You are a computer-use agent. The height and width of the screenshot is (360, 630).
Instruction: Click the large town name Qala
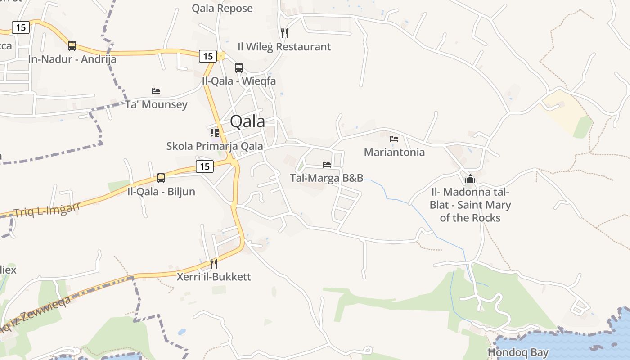tap(247, 121)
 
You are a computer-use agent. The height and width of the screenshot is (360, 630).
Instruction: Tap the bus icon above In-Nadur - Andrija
tap(72, 45)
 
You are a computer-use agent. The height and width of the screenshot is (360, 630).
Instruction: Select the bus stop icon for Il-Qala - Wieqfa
tap(239, 68)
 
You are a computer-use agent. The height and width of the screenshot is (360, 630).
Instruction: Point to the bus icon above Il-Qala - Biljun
tap(161, 178)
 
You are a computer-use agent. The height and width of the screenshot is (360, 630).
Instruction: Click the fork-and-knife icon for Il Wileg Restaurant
tap(284, 33)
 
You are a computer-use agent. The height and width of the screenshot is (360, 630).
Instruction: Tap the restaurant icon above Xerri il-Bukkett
tap(214, 263)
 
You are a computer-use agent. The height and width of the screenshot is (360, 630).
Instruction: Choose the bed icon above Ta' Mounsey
tap(156, 91)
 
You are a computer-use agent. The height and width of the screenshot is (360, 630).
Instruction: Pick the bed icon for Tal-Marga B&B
tap(327, 165)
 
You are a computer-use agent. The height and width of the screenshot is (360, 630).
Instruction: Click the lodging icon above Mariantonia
tap(394, 139)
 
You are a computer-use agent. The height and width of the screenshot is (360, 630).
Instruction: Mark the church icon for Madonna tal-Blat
tap(470, 179)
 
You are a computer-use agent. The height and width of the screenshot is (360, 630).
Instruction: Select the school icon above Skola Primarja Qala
tap(215, 133)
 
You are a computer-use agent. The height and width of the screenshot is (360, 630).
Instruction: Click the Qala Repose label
tap(222, 8)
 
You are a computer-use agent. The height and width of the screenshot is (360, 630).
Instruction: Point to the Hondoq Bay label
tap(518, 352)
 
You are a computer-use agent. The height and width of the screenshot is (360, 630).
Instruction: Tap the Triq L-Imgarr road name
tap(47, 209)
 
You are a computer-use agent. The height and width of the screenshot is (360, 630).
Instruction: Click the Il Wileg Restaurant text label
tap(284, 47)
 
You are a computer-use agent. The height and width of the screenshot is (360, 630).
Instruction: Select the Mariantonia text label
tap(394, 152)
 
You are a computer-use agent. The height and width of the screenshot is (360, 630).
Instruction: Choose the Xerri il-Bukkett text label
tap(214, 276)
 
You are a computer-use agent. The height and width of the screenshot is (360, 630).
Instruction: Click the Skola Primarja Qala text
tap(215, 146)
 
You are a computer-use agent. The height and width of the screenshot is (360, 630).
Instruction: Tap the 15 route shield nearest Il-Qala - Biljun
tap(204, 166)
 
